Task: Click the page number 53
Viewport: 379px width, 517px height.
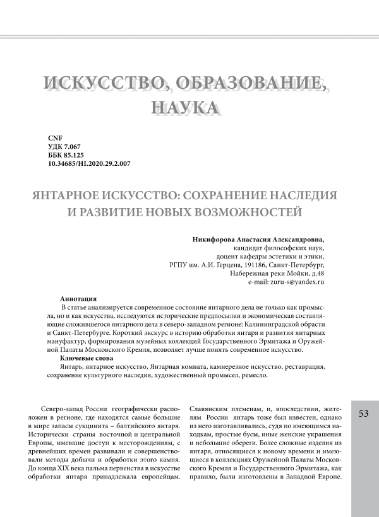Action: [363, 414]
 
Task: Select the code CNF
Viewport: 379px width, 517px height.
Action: [55, 137]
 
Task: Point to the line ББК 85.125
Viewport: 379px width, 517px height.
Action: [66, 155]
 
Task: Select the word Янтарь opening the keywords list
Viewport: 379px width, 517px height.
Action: [71, 366]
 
